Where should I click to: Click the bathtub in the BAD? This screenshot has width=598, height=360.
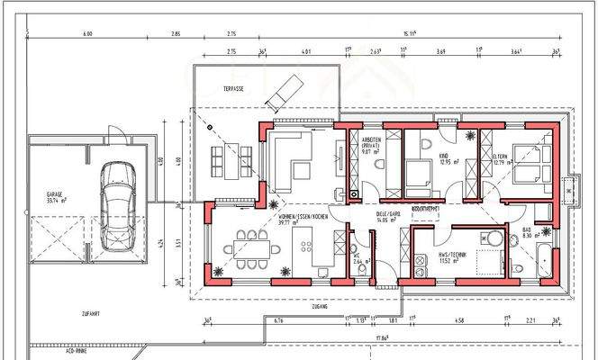pyautogui.click(x=548, y=258)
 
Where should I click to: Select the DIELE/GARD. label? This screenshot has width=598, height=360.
pyautogui.click(x=388, y=216)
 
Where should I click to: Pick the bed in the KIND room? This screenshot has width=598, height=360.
pyautogui.click(x=418, y=175)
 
